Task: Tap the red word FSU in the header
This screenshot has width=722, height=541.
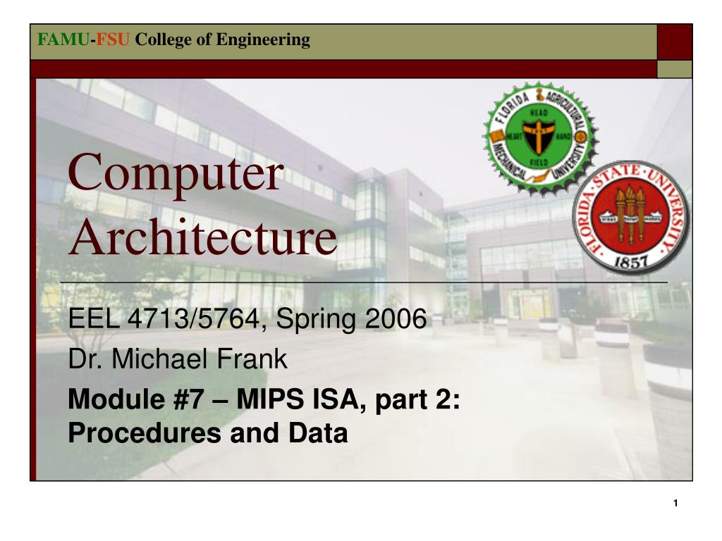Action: click(113, 39)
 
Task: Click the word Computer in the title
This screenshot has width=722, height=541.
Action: click(176, 173)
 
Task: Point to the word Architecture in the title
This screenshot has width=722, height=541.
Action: click(203, 237)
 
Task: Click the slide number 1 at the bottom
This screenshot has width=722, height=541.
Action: click(675, 503)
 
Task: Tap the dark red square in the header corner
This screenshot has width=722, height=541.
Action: click(675, 42)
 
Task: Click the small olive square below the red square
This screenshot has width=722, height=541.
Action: click(675, 69)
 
